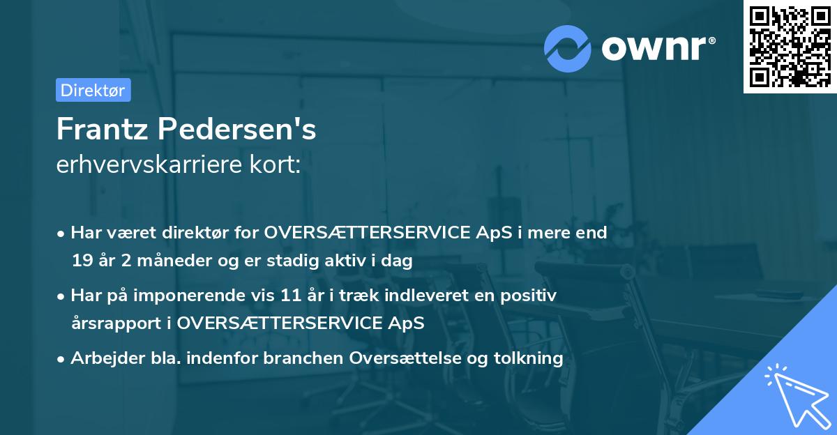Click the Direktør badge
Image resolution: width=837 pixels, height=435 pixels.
pyautogui.click(x=93, y=90)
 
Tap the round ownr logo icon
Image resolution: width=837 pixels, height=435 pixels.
pyautogui.click(x=568, y=48)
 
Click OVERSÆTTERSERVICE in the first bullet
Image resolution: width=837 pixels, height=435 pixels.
pyautogui.click(x=367, y=232)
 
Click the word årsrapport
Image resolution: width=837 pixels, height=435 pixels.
pyautogui.click(x=119, y=323)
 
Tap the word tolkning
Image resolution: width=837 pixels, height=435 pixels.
pyautogui.click(x=528, y=358)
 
